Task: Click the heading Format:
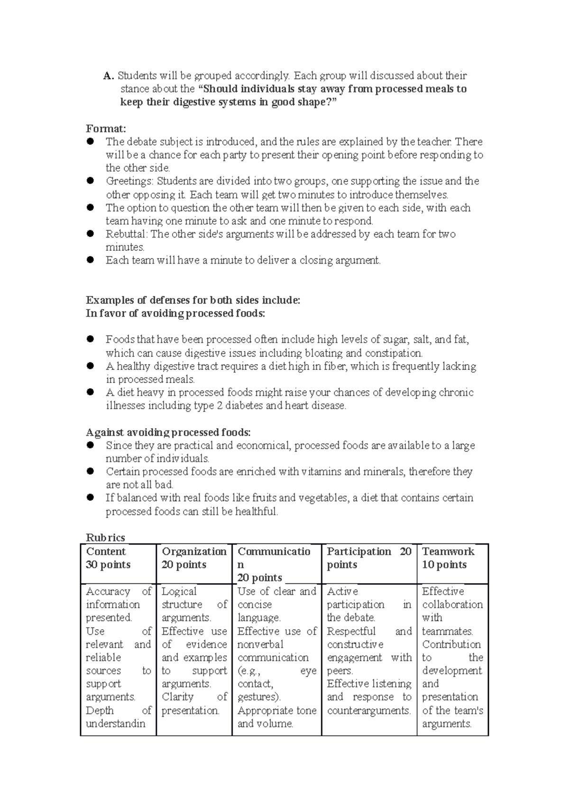pos(106,128)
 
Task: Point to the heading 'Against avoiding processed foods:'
pos(168,432)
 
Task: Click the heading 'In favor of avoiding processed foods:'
pos(175,313)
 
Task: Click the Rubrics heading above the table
pos(105,538)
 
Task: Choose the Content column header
pos(106,551)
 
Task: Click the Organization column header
pos(194,551)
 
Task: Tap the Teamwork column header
pos(448,551)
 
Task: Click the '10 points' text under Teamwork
pos(444,565)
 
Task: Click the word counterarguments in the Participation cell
pos(368,711)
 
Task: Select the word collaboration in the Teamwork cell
pos(452,604)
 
